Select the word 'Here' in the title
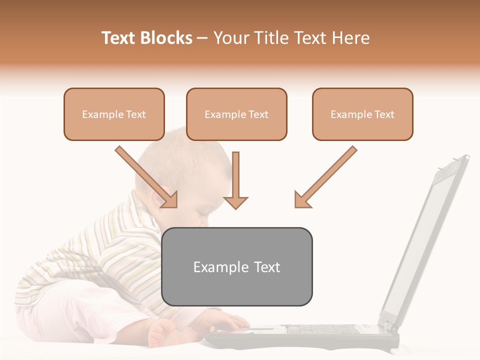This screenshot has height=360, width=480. [x=352, y=38]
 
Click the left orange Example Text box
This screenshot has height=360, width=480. [x=114, y=114]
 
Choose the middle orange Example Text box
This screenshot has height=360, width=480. [x=236, y=114]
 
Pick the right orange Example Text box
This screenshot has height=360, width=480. [x=362, y=114]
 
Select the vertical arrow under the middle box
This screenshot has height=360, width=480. [x=235, y=180]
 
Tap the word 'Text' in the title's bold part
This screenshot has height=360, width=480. [x=118, y=38]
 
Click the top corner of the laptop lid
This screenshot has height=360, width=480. [x=466, y=157]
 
